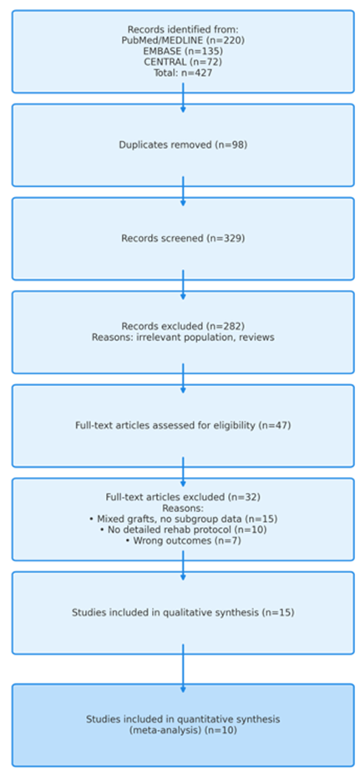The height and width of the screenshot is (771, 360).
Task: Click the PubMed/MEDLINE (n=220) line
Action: pyautogui.click(x=182, y=39)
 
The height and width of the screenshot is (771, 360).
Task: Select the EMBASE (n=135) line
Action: pyautogui.click(x=182, y=50)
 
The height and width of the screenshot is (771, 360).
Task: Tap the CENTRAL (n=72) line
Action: pyautogui.click(x=182, y=61)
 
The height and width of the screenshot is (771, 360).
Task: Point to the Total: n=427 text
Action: pyautogui.click(x=182, y=72)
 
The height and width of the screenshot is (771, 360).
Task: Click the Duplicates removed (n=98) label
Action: pyautogui.click(x=182, y=145)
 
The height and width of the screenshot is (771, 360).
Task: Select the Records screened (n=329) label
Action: pyautogui.click(x=182, y=238)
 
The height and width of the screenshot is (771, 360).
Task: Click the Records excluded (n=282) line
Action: pyautogui.click(x=182, y=326)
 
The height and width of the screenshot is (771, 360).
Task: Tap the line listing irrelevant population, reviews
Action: pyautogui.click(x=182, y=337)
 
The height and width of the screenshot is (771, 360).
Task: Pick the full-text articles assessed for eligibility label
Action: pyautogui.click(x=182, y=425)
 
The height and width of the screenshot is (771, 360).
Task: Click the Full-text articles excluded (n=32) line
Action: pyautogui.click(x=182, y=496)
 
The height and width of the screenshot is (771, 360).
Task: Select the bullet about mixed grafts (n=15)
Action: pyautogui.click(x=182, y=518)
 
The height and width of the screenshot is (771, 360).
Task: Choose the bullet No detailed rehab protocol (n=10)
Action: pyautogui.click(x=182, y=530)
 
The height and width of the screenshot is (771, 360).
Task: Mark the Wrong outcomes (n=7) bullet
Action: pyautogui.click(x=182, y=540)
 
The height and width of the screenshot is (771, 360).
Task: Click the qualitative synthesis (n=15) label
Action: pyautogui.click(x=182, y=612)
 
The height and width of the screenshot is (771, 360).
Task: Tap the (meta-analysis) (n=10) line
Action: pyautogui.click(x=182, y=730)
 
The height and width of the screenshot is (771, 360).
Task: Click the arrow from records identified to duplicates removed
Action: pyautogui.click(x=183, y=99)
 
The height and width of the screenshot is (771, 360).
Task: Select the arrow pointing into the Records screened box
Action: pyautogui.click(x=183, y=192)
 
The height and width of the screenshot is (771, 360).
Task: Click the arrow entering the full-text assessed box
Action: pyautogui.click(x=183, y=379)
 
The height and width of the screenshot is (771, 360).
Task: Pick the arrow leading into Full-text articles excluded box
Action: pyautogui.click(x=183, y=473)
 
